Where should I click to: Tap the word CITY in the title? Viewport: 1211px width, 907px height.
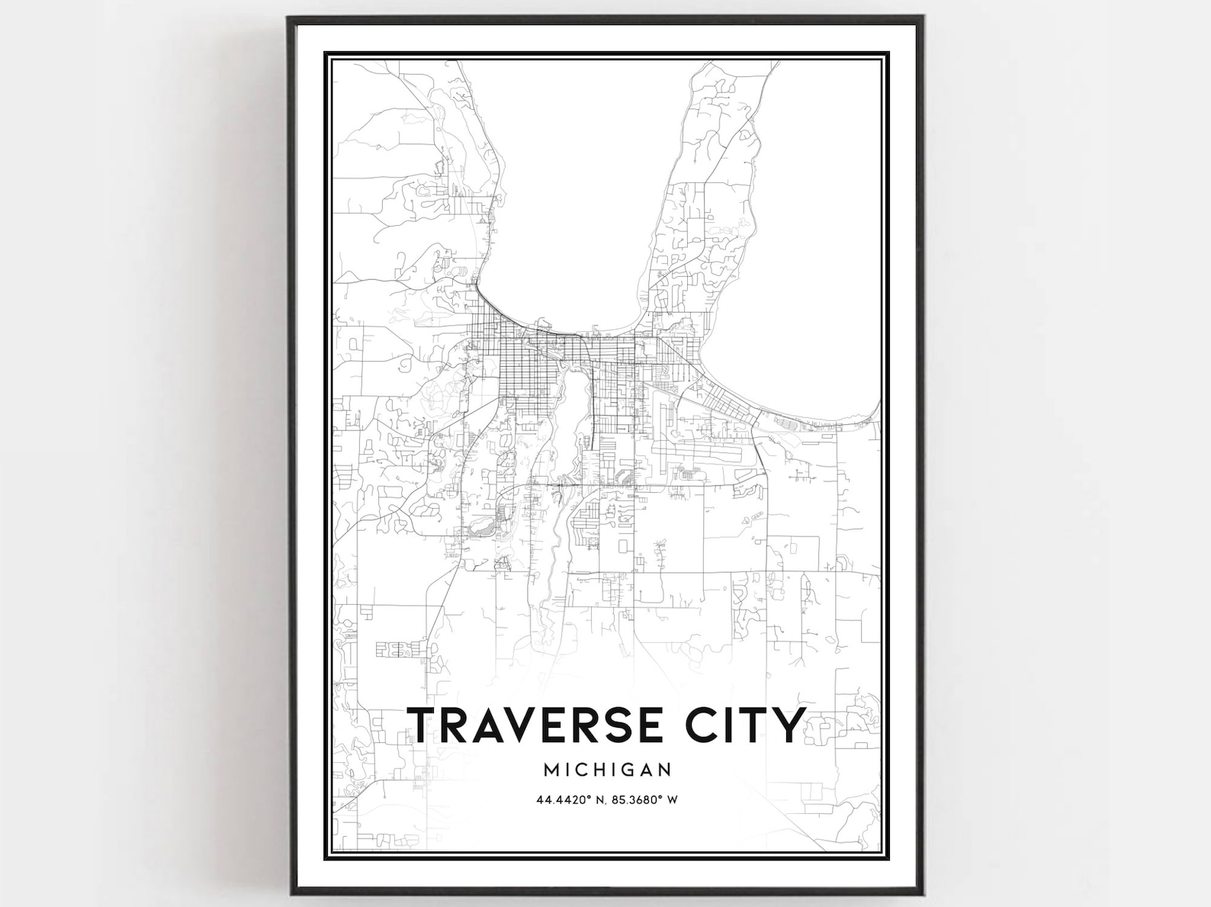[x=745, y=725]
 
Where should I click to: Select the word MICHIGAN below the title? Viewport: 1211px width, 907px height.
[x=607, y=770]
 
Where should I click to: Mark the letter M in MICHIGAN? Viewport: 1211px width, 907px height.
[x=550, y=770]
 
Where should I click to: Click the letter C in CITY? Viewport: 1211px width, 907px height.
[x=702, y=725]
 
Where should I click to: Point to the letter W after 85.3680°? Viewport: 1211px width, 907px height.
[x=673, y=800]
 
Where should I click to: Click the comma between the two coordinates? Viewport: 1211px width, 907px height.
[x=602, y=802]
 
